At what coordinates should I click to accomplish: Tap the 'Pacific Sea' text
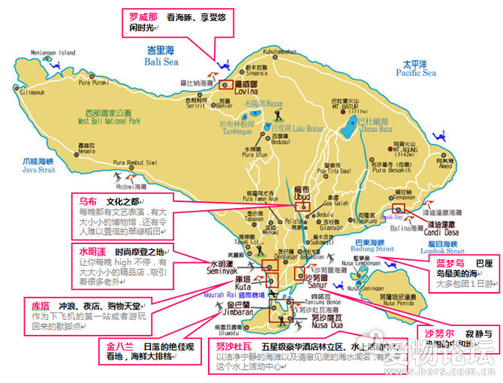pos(418,73)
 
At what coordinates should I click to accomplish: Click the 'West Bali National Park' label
pos(109,120)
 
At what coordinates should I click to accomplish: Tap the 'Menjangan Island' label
pos(53,53)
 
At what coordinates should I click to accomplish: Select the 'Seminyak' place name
pos(222,270)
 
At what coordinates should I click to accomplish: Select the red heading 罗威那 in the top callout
pos(143,16)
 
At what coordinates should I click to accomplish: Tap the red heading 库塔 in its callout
pos(41,307)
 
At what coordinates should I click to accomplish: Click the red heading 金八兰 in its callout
pos(119,346)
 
